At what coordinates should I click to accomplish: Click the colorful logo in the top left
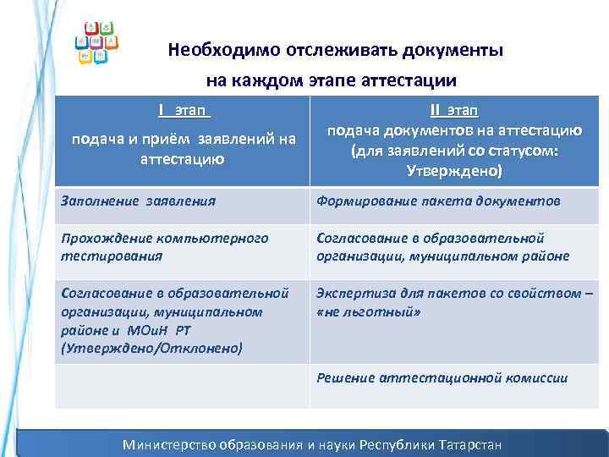(97, 41)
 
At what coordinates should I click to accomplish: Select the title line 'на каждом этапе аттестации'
(332, 80)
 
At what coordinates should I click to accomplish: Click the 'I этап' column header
(183, 110)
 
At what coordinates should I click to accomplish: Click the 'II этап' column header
(454, 111)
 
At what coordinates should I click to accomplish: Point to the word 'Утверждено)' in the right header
(454, 171)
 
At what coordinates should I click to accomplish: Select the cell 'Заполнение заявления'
(139, 201)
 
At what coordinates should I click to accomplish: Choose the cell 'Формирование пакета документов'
(437, 201)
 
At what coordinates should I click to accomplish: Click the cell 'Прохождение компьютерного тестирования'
(164, 246)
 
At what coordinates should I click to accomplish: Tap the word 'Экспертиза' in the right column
(354, 294)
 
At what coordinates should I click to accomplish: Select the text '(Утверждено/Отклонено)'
(151, 347)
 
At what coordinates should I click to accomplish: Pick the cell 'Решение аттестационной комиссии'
(442, 377)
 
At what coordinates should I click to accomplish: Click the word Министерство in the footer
(169, 443)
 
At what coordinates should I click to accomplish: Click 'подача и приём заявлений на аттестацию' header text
(183, 149)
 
